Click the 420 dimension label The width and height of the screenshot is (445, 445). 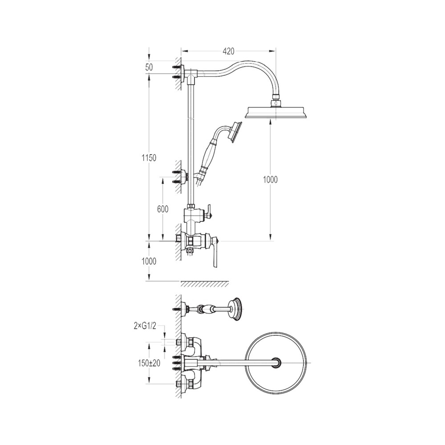(x=228, y=51)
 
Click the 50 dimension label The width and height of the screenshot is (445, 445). (x=149, y=67)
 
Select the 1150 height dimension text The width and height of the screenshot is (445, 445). (x=149, y=158)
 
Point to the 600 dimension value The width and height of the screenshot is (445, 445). (x=162, y=209)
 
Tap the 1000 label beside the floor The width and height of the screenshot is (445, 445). (x=149, y=261)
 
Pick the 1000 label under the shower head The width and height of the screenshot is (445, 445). (x=270, y=180)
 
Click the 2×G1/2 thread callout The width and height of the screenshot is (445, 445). (x=145, y=326)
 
